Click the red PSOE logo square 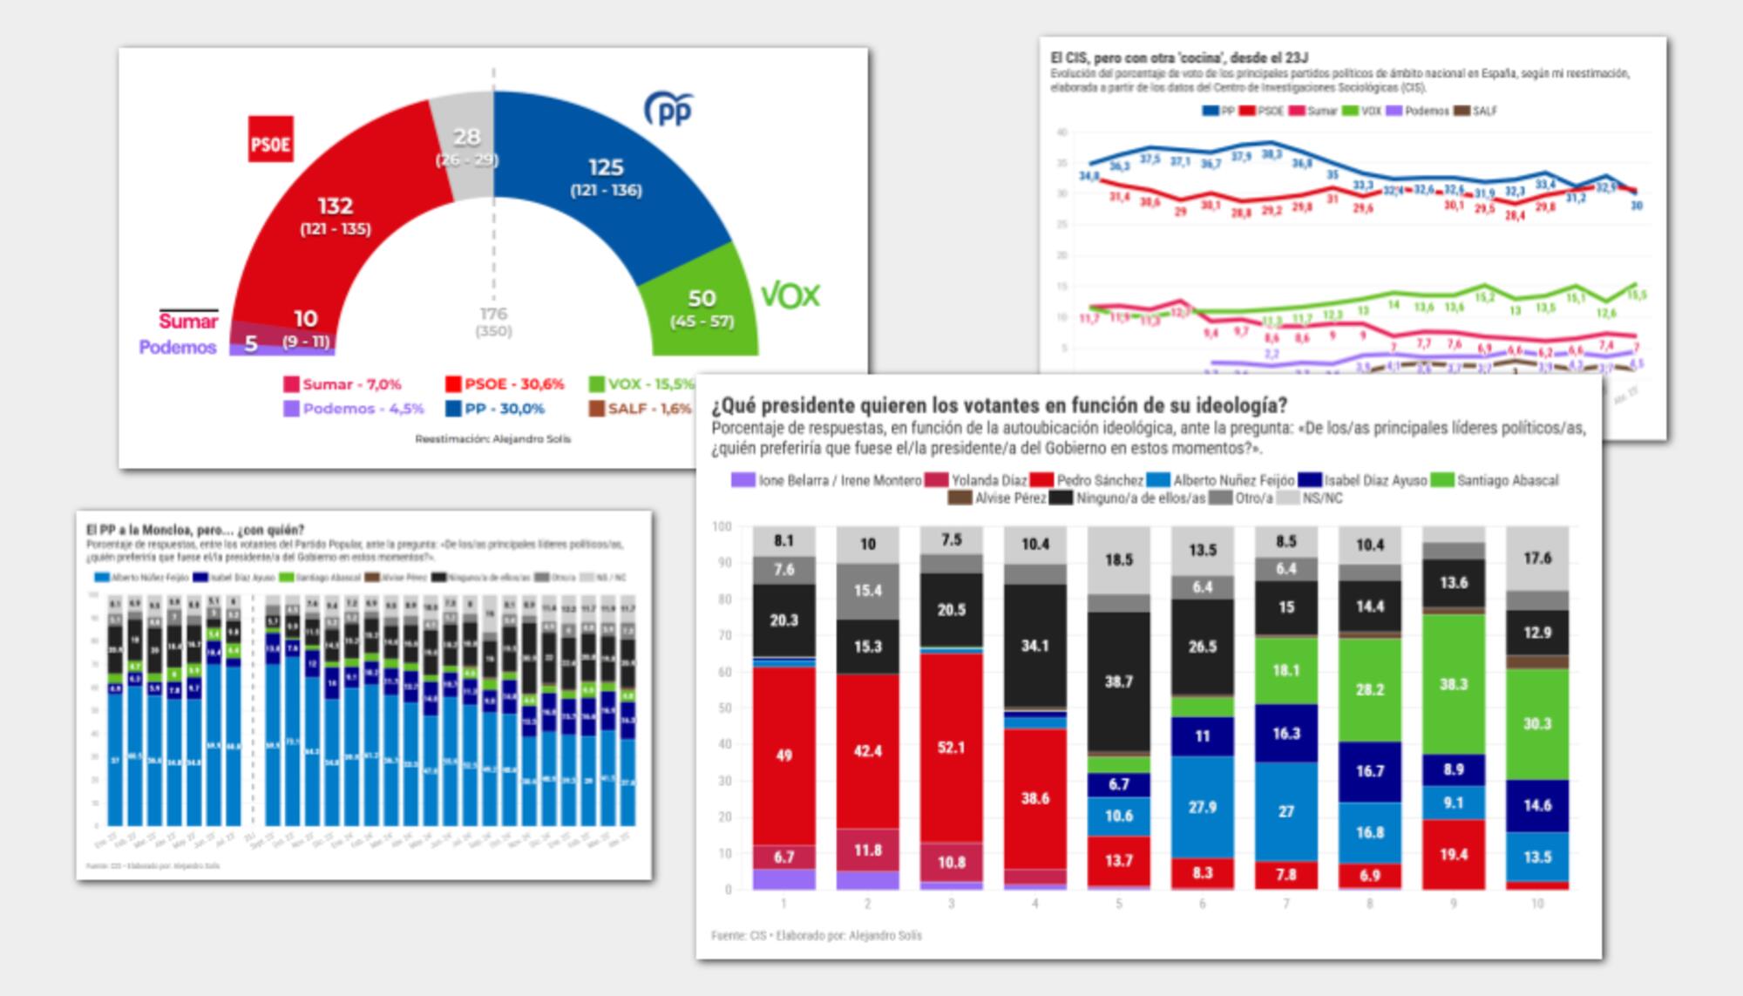(x=270, y=139)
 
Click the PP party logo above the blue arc (x=668, y=110)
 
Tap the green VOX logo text (x=790, y=295)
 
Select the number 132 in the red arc (x=336, y=206)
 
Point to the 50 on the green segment (x=702, y=298)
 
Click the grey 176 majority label (x=493, y=314)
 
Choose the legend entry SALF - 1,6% (x=641, y=408)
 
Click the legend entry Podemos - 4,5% (x=354, y=408)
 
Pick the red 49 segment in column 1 (x=783, y=755)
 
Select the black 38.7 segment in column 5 (x=1118, y=681)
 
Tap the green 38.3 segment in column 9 (x=1453, y=684)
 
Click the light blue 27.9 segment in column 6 (x=1202, y=807)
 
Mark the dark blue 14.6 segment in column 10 (x=1536, y=805)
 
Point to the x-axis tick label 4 (x=1034, y=904)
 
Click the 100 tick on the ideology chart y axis (x=722, y=526)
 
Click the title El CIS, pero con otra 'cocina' (x=1178, y=58)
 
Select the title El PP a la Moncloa (x=195, y=530)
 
